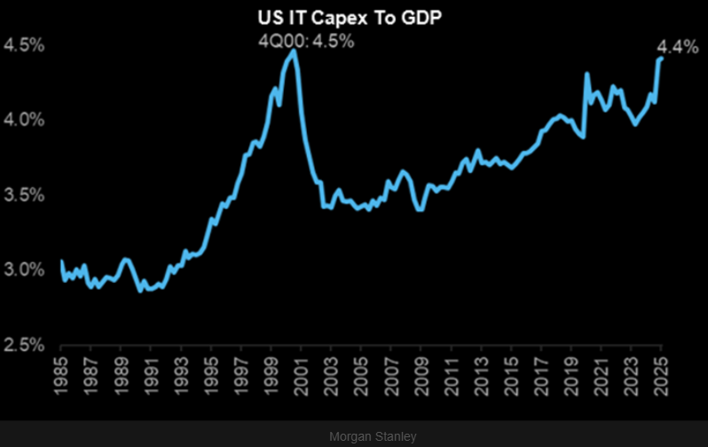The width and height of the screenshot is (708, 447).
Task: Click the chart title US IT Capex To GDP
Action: pyautogui.click(x=353, y=16)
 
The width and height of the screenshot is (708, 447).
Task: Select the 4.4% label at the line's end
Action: pyautogui.click(x=677, y=48)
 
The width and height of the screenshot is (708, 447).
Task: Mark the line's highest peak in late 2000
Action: pyautogui.click(x=294, y=51)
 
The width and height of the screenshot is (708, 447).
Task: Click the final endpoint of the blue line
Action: pyautogui.click(x=661, y=59)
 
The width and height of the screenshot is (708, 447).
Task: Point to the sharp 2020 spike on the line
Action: pyautogui.click(x=587, y=74)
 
